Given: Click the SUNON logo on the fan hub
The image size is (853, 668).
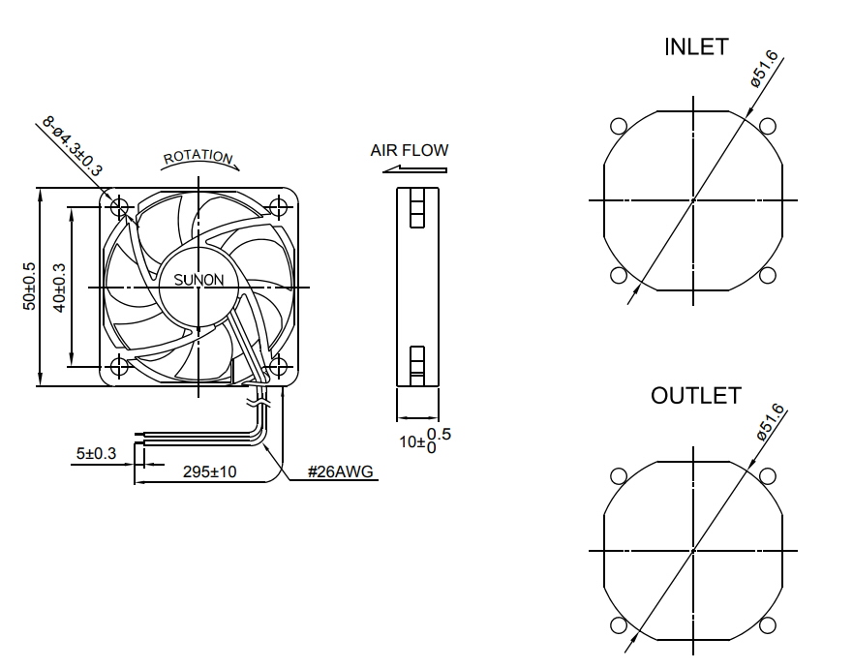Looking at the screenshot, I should point(198,280).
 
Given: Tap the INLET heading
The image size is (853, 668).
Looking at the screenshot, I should point(695,47).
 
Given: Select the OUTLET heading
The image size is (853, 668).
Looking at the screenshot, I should point(695,395).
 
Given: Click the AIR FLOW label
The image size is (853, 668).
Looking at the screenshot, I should point(409,150).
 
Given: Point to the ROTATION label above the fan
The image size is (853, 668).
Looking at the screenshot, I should point(198,157).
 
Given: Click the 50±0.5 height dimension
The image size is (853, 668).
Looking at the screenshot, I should point(30,287).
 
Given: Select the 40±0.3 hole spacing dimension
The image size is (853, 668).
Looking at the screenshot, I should point(60,287).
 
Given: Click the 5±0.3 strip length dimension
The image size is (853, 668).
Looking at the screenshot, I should point(96,452).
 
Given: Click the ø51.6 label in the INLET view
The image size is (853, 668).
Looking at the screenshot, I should point(765,67).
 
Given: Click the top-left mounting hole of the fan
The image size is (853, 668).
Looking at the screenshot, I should point(121,207).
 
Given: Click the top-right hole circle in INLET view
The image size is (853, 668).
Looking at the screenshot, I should point(768,126).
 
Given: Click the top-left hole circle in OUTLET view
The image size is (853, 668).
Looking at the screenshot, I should point(619,475).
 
